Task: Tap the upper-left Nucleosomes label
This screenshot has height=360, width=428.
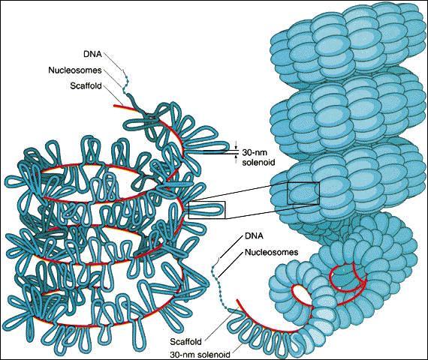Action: (75, 70)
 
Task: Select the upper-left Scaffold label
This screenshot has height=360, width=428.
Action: (86, 86)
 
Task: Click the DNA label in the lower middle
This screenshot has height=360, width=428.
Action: (254, 236)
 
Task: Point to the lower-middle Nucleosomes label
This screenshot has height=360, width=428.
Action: (271, 252)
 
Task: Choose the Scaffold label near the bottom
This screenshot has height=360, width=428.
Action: (186, 341)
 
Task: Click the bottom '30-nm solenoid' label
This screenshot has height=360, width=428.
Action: (200, 355)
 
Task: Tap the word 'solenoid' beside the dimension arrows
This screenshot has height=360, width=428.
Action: (258, 163)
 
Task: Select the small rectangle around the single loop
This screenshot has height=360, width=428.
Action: (188, 210)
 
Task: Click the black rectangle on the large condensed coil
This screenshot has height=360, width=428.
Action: (287, 193)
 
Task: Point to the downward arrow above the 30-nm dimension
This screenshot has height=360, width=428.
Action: (237, 145)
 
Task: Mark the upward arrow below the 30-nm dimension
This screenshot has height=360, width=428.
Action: (237, 159)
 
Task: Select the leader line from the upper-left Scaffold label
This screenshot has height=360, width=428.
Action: (114, 95)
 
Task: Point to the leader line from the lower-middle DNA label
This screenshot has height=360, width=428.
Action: (231, 247)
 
